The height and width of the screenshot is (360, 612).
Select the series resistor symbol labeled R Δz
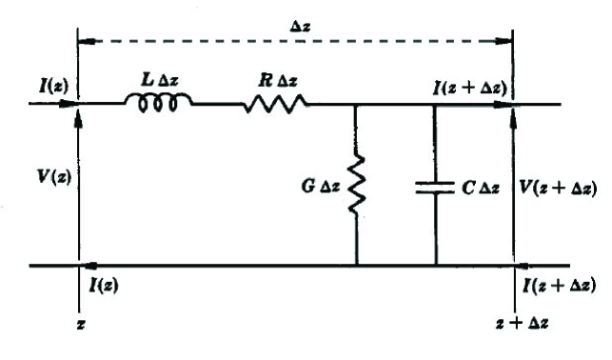pos(275,104)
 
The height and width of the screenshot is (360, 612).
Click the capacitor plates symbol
pos(435,188)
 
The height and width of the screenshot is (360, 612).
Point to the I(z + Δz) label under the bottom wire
pos(561,285)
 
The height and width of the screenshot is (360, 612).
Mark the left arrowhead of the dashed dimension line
pos(84,40)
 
